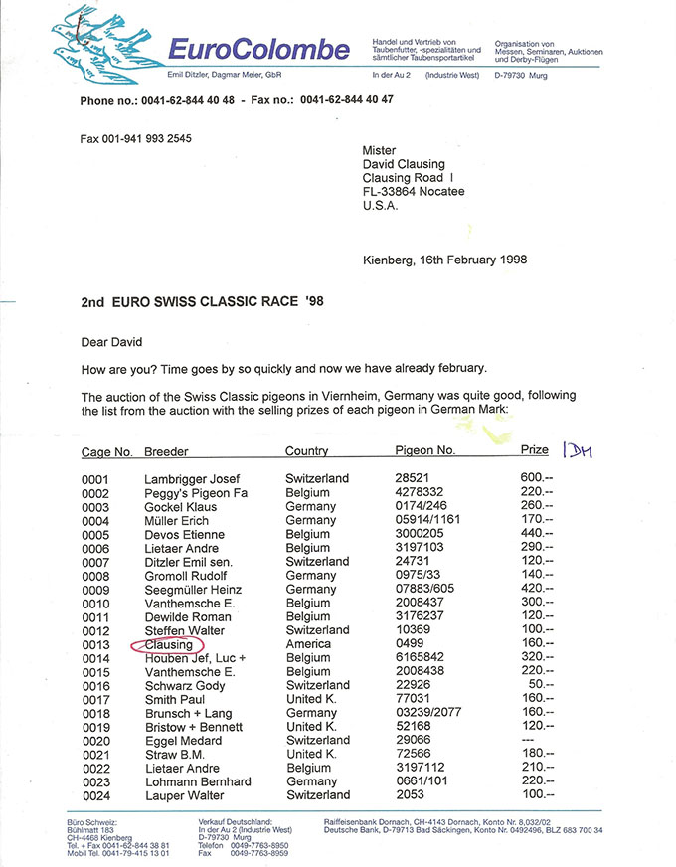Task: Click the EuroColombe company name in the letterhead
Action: [257, 50]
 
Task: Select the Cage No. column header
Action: [106, 452]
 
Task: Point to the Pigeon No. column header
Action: [425, 451]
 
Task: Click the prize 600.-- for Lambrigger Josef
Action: [536, 479]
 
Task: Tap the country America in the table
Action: [309, 644]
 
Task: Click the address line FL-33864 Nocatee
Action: [414, 192]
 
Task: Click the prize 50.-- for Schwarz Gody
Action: [539, 686]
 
